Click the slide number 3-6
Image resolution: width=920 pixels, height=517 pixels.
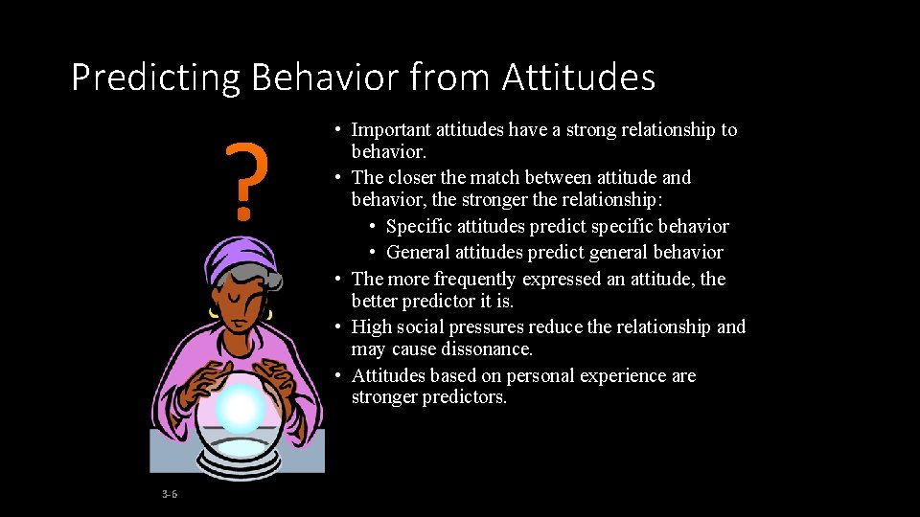tap(170, 494)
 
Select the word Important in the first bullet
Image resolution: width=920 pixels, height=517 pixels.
tap(390, 129)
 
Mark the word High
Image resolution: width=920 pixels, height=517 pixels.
tap(371, 327)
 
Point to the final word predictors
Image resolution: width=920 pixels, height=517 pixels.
tap(469, 397)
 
